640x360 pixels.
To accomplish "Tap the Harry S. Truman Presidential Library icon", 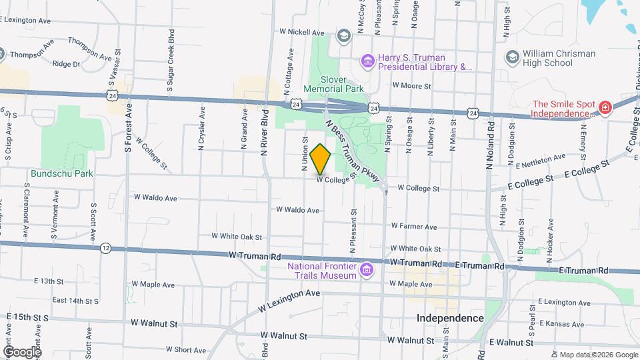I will click(x=367, y=62).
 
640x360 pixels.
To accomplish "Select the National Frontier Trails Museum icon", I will click(x=365, y=270).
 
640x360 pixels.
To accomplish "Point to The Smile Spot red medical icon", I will click(x=605, y=108).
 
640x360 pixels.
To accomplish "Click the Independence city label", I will click(x=450, y=318).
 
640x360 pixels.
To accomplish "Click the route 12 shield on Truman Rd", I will click(x=106, y=248).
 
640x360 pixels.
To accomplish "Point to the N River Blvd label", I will click(x=265, y=132).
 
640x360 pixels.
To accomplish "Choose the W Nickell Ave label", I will click(x=301, y=32).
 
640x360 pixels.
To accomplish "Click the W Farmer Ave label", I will click(x=413, y=226).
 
